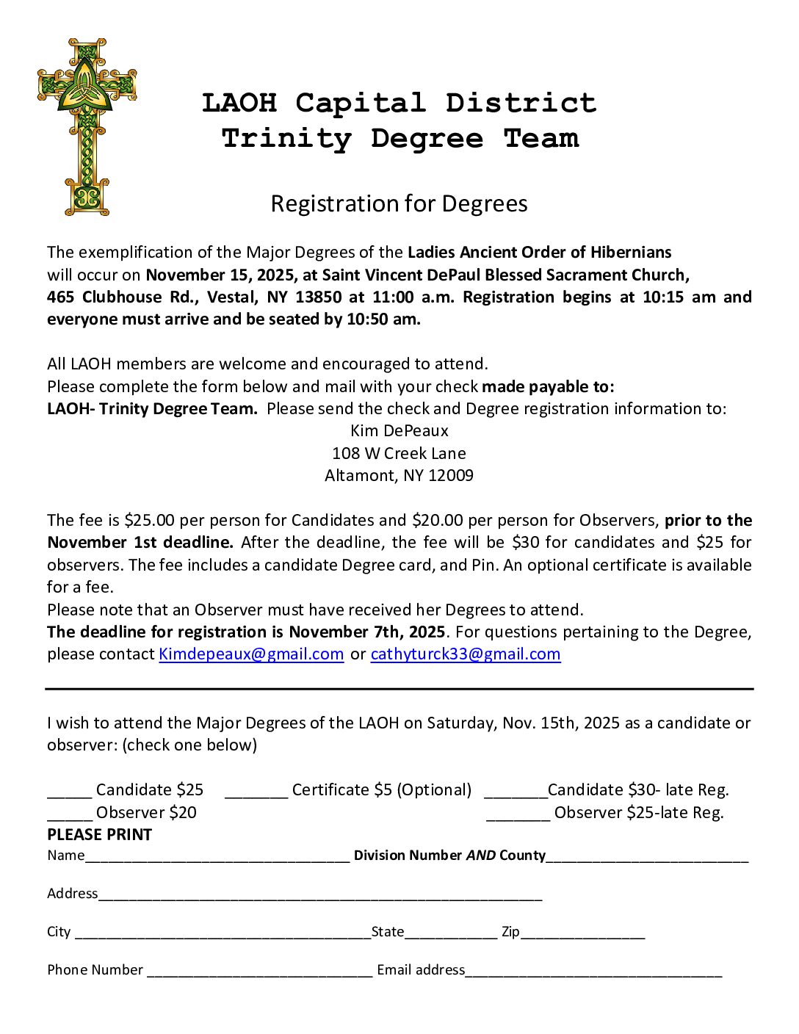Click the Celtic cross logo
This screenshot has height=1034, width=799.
[87, 126]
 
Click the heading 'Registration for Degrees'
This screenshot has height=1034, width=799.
[399, 203]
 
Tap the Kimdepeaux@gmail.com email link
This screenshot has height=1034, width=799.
[251, 654]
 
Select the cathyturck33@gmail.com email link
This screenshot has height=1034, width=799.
[466, 654]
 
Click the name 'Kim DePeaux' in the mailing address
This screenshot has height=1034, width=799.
[399, 430]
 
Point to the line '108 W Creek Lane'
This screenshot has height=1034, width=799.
[399, 453]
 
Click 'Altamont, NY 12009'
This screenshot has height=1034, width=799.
[399, 475]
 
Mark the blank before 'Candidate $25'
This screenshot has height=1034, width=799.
[70, 793]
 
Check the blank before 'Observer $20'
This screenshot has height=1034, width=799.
[70, 816]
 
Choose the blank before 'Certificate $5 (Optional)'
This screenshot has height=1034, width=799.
[256, 793]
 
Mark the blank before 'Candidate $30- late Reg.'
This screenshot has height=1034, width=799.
[516, 793]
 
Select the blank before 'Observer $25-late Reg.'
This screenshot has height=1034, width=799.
[518, 816]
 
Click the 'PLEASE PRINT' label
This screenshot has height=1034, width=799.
[99, 834]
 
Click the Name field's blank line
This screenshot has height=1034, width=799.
[217, 858]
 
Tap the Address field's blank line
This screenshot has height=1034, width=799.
[320, 897]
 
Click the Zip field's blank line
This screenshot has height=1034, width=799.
[582, 936]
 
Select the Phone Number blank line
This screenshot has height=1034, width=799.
[259, 973]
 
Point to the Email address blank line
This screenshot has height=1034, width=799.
[593, 973]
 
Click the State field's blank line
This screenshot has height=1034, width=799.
[450, 936]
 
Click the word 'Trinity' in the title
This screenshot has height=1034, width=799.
[286, 138]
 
